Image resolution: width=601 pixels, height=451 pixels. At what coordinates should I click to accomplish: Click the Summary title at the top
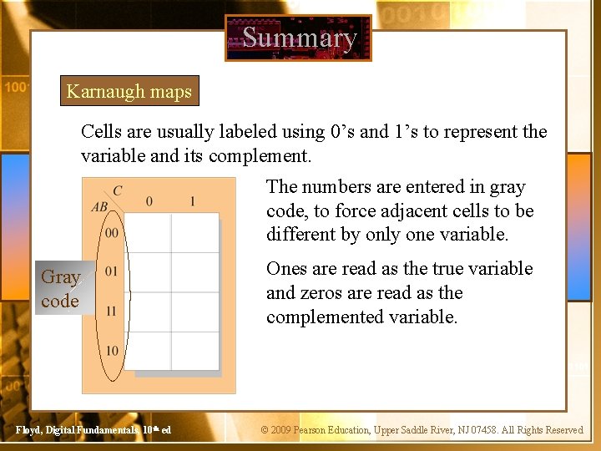(299, 38)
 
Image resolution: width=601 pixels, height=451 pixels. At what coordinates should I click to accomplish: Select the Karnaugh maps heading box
(129, 92)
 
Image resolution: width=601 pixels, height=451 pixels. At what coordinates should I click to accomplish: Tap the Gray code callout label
(60, 289)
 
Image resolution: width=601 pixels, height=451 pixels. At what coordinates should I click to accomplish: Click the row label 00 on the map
(112, 232)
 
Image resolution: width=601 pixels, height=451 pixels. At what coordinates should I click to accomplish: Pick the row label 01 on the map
(112, 271)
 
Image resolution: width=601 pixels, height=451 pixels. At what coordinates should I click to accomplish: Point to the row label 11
(112, 311)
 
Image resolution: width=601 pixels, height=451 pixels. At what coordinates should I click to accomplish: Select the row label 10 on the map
(112, 350)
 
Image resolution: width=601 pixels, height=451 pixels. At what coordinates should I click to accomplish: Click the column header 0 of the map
(149, 201)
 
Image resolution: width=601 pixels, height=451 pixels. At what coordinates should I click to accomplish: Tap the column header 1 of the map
(193, 201)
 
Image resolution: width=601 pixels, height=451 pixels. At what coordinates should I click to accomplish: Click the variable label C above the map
(117, 191)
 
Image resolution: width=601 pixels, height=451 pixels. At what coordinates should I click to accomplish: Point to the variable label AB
(99, 207)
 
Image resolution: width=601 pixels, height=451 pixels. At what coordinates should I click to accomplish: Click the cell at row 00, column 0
(149, 233)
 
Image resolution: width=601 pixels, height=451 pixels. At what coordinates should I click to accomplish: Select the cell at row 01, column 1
(194, 272)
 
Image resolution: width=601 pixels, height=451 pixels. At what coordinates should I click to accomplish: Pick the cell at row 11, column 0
(149, 311)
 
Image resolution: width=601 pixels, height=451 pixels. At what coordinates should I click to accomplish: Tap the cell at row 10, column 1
(194, 350)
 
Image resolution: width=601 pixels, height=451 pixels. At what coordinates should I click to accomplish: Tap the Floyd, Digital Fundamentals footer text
(93, 430)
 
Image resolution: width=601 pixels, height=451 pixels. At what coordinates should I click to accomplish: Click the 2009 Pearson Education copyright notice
(422, 430)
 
